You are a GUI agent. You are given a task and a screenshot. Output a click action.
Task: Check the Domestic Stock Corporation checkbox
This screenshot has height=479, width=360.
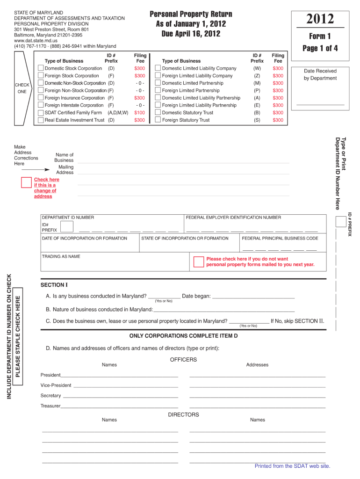tap(41, 68)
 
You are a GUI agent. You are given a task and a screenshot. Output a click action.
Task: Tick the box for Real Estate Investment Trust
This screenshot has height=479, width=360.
tap(41, 120)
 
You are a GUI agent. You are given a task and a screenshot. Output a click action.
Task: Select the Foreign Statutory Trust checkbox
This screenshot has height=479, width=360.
tap(158, 120)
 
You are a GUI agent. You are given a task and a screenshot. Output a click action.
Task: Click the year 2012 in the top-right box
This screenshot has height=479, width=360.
tap(320, 19)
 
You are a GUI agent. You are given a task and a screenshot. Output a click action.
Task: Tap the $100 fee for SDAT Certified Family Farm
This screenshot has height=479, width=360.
tap(139, 113)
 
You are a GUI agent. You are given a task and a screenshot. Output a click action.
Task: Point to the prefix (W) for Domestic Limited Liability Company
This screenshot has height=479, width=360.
tap(257, 68)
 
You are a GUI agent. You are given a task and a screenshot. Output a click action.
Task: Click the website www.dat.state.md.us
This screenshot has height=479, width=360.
tap(35, 41)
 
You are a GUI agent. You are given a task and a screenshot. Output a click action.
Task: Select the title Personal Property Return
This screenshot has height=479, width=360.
tap(191, 14)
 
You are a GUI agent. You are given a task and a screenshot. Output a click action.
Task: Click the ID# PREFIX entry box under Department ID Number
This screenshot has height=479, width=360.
tap(67, 227)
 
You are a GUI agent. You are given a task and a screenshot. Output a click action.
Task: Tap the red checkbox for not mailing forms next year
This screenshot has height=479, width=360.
tap(198, 261)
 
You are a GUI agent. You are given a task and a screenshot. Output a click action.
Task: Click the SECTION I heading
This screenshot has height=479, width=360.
tap(54, 285)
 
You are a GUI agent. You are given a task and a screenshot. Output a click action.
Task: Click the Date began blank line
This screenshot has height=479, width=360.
tap(253, 297)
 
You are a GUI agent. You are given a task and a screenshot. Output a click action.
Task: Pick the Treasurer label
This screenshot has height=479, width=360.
tap(50, 406)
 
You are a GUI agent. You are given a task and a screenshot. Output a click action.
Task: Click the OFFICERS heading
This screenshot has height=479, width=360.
tap(183, 360)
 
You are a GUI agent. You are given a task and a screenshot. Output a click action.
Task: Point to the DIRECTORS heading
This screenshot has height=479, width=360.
tap(183, 414)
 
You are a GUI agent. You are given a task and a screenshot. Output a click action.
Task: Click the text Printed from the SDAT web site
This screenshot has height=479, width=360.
tap(292, 466)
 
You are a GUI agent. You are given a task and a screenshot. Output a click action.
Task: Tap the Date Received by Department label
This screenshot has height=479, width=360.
tap(320, 74)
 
